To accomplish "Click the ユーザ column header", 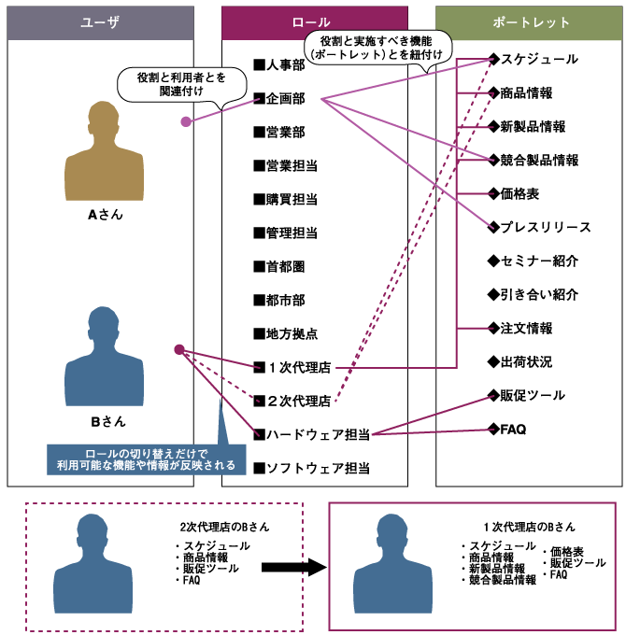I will point(101,22).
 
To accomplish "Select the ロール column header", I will point(315,22).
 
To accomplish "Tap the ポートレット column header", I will point(530,22).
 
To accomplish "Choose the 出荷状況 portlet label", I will point(519,362).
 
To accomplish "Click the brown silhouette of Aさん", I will point(105,154).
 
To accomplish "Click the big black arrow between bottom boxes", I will point(292,568).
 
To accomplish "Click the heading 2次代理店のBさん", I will point(224,527).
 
